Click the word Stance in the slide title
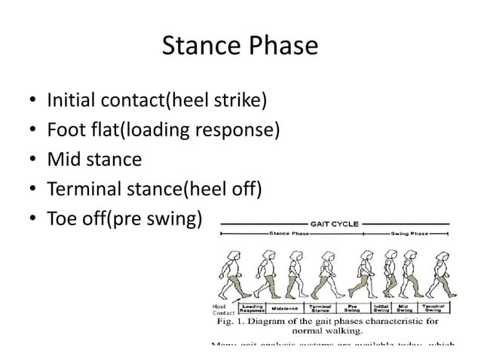tap(200, 47)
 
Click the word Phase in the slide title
tap(282, 47)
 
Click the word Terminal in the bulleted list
tap(84, 190)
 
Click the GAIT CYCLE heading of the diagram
tap(334, 224)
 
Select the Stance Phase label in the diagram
tap(290, 234)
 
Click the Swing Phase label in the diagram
tap(409, 234)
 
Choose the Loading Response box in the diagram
tap(252, 309)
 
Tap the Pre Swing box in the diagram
tap(352, 309)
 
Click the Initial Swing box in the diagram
tap(381, 309)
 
